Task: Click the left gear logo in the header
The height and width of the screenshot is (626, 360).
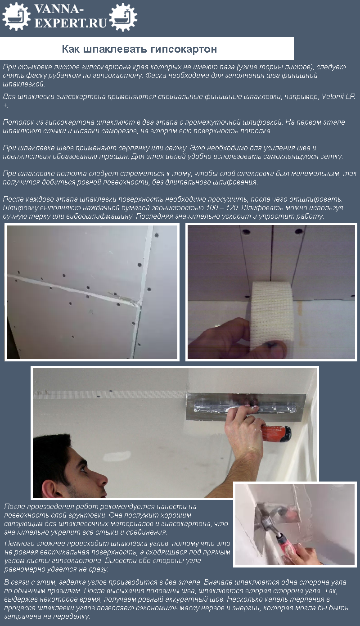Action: point(16,17)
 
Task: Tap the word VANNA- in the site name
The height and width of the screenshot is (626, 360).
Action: point(58,9)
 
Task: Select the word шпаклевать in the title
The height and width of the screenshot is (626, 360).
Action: point(115,49)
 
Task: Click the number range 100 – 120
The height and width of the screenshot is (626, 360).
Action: point(222,207)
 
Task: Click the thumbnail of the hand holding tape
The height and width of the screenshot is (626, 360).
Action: point(271,292)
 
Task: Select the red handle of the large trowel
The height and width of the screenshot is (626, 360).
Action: point(277,433)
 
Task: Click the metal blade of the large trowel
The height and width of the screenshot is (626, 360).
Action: point(246,407)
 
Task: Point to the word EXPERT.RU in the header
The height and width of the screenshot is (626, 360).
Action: point(71,23)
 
